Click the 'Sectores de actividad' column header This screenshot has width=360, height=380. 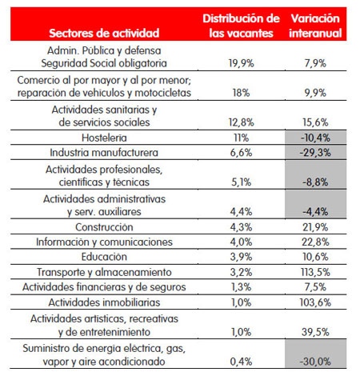(x=104, y=34)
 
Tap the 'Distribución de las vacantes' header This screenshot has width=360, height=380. (x=241, y=26)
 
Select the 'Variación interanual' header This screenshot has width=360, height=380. (x=315, y=26)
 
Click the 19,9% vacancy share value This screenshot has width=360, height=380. (x=241, y=63)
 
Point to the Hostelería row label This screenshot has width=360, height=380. (x=104, y=138)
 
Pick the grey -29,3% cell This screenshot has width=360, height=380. (x=316, y=153)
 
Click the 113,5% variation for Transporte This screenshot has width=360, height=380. (x=315, y=272)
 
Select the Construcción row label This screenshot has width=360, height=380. (x=104, y=227)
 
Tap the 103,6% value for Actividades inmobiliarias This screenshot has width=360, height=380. (x=315, y=302)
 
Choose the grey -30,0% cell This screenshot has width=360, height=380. (x=316, y=354)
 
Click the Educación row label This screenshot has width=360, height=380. (x=104, y=257)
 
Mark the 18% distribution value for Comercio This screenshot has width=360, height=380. (x=241, y=93)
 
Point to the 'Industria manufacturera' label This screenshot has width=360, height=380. (x=104, y=153)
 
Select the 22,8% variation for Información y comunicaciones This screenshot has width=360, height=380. (x=315, y=242)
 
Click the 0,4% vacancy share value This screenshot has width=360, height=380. (x=241, y=362)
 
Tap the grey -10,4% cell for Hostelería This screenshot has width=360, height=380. (x=316, y=138)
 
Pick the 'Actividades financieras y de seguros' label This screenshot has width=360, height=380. (x=104, y=287)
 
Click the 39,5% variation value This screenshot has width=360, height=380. (x=315, y=332)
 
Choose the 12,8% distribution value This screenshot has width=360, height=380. (x=241, y=122)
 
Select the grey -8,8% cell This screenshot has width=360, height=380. (x=316, y=175)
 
